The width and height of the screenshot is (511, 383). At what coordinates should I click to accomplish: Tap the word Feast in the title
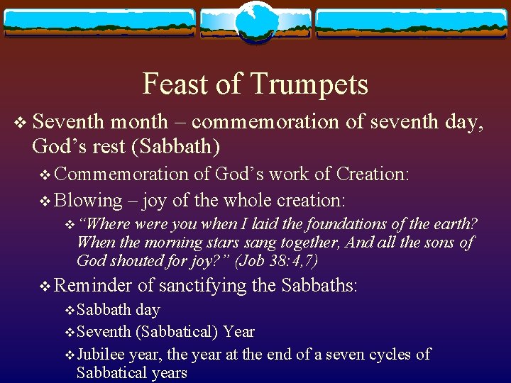coord(175,84)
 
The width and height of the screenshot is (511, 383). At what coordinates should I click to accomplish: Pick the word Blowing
coord(89,201)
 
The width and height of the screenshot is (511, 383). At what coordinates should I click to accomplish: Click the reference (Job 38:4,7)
coord(276,261)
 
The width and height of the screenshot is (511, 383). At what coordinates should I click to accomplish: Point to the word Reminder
coord(93,286)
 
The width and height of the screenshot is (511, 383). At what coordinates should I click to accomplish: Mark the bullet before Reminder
coord(45,287)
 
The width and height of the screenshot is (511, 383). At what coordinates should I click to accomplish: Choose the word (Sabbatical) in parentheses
coord(177,332)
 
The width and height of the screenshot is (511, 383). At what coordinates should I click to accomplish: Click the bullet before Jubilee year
coord(69,355)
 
